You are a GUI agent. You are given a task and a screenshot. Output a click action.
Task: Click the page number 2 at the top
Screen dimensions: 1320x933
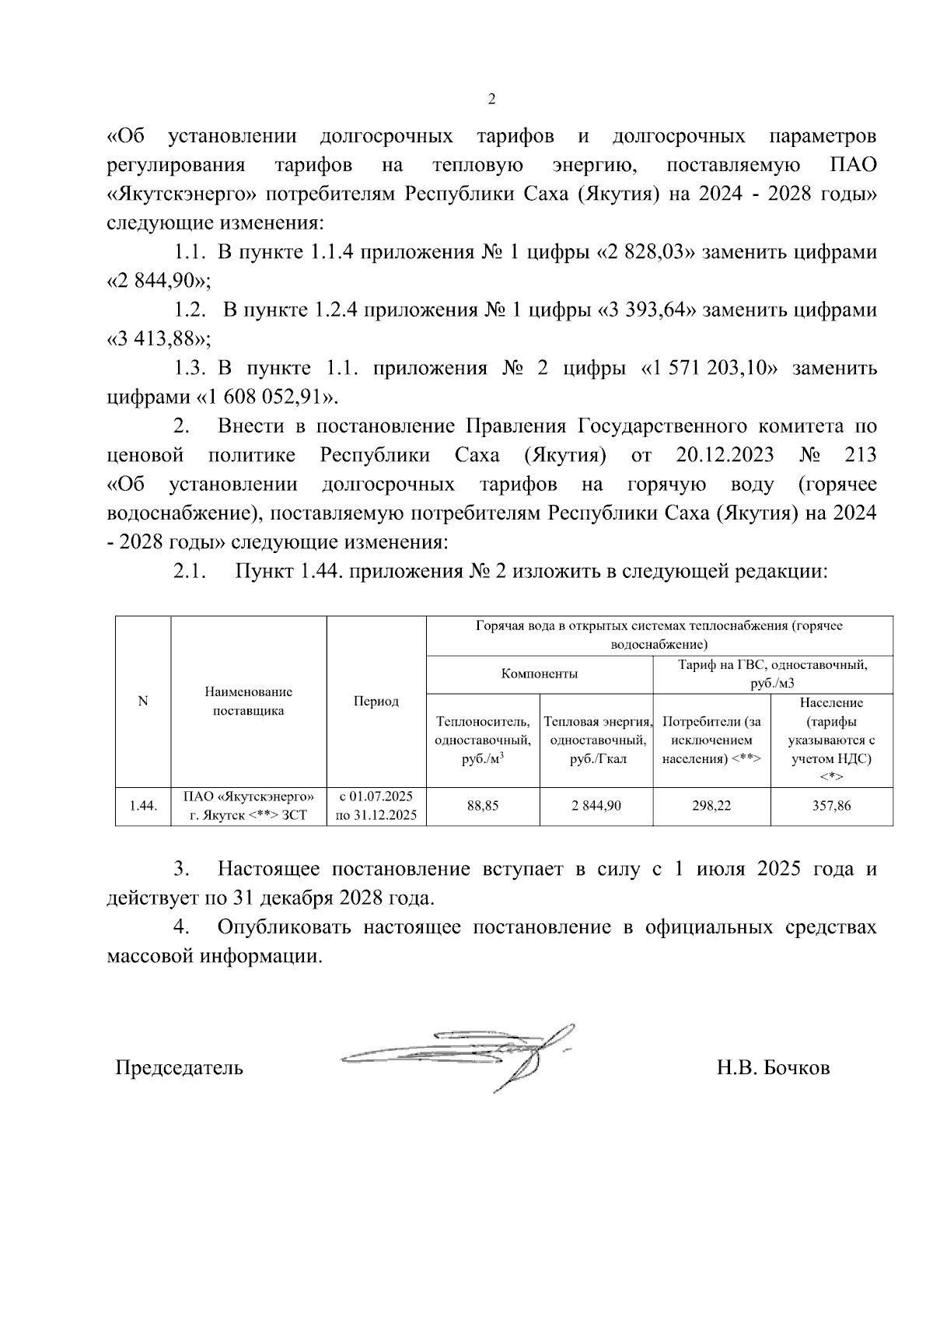pyautogui.click(x=491, y=100)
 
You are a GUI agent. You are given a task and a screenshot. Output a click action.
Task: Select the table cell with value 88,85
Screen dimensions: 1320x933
pyautogui.click(x=482, y=806)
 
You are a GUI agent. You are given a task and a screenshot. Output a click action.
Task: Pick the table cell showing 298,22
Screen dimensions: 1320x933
pyautogui.click(x=711, y=806)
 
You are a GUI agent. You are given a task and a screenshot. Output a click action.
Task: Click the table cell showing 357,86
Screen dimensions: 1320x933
pyautogui.click(x=831, y=806)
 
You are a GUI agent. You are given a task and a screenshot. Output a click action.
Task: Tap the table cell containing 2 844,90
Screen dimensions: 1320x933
pyautogui.click(x=596, y=806)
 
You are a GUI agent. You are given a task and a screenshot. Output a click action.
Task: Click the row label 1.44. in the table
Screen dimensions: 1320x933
pyautogui.click(x=143, y=806)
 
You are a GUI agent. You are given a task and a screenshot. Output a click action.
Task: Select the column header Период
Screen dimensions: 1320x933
pyautogui.click(x=376, y=702)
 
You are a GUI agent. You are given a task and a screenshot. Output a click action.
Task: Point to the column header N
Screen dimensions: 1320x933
pyautogui.click(x=143, y=702)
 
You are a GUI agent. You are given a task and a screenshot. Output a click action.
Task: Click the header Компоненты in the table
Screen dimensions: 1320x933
pyautogui.click(x=539, y=674)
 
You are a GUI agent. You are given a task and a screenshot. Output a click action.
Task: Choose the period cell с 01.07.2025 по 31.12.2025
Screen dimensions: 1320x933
pyautogui.click(x=376, y=806)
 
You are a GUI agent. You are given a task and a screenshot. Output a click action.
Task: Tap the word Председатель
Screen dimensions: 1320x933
pyautogui.click(x=179, y=1067)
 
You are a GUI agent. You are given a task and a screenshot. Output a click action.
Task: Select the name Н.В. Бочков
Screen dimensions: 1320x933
pyautogui.click(x=773, y=1067)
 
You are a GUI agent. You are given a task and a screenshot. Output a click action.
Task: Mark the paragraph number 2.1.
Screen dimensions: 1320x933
pyautogui.click(x=189, y=572)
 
